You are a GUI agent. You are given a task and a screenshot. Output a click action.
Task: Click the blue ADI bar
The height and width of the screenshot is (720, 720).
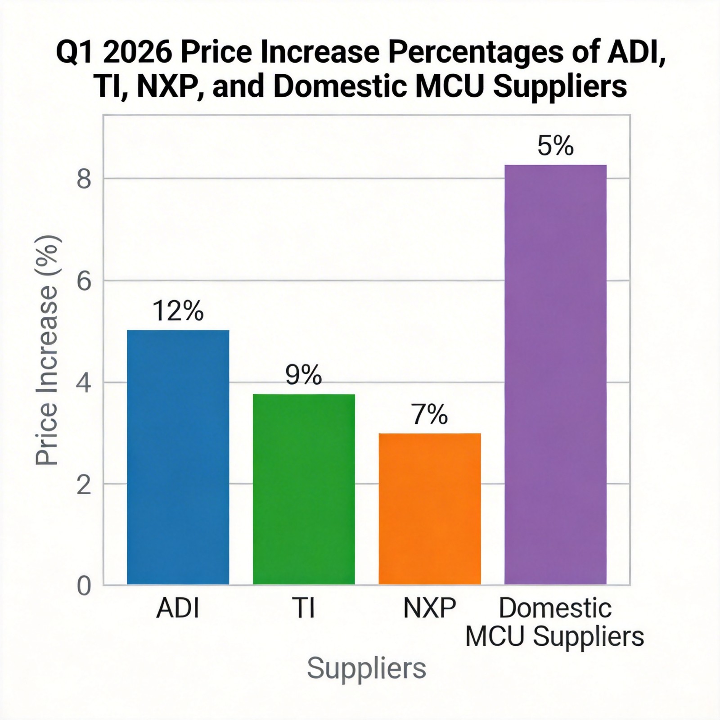click(178, 457)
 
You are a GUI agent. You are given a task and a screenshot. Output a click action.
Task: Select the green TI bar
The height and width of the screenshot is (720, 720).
click(304, 489)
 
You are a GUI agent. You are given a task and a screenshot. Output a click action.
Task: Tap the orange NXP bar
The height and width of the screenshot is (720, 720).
click(430, 508)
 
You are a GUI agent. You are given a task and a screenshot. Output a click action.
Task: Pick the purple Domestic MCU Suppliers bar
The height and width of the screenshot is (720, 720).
click(555, 374)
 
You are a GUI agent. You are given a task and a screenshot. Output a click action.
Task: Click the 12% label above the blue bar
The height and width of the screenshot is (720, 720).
click(178, 310)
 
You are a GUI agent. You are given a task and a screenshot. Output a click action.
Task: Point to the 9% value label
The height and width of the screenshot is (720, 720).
click(304, 375)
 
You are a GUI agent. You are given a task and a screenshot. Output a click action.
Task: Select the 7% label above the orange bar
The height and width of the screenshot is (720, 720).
click(430, 414)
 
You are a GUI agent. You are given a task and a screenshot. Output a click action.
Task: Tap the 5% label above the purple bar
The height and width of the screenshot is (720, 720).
click(555, 146)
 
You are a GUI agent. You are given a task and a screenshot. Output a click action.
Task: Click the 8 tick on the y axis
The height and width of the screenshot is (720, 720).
click(84, 180)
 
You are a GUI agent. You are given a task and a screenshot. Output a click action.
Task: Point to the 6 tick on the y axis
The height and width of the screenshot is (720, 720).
click(84, 281)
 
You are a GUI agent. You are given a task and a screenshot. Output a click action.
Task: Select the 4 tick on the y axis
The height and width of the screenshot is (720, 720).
click(84, 383)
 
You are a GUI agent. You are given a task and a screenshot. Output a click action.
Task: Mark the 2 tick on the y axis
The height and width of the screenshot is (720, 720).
click(84, 485)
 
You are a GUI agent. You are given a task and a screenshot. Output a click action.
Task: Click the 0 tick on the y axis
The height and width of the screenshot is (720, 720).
click(84, 586)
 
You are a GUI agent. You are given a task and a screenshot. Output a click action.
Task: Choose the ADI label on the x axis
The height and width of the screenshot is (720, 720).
click(178, 608)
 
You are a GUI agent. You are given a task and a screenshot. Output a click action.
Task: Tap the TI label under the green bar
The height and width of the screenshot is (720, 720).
click(304, 608)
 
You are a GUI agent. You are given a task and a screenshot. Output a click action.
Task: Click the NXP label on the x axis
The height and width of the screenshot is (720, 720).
click(430, 608)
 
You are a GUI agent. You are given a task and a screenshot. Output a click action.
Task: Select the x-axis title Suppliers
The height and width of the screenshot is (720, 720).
click(366, 668)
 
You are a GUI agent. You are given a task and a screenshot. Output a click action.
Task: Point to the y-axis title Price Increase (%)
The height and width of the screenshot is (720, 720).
click(47, 350)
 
